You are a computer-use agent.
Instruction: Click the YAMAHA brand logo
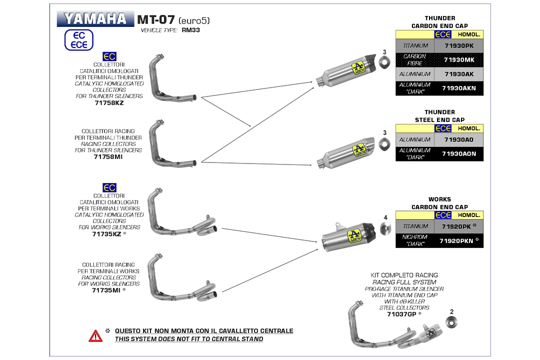pyautogui.click(x=95, y=19)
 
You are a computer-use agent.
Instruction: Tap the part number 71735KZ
pyautogui.click(x=105, y=233)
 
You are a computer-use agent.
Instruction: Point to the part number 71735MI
pyautogui.click(x=105, y=290)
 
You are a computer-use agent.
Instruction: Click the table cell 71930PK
pyautogui.click(x=458, y=45)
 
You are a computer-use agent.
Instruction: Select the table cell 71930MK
pyautogui.click(x=458, y=60)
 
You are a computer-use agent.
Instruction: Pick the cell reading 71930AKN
pyautogui.click(x=458, y=88)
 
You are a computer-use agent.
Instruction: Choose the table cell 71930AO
pyautogui.click(x=458, y=139)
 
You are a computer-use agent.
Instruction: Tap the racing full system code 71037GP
pyautogui.click(x=401, y=314)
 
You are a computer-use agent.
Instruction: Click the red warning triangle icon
pyautogui.click(x=95, y=335)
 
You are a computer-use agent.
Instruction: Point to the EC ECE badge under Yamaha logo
pyautogui.click(x=79, y=40)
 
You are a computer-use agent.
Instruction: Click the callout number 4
pyautogui.click(x=385, y=217)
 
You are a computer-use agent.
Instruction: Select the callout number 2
pyautogui.click(x=452, y=311)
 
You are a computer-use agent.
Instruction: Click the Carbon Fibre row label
pyautogui.click(x=414, y=60)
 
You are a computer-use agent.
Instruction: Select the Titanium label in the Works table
pyautogui.click(x=415, y=226)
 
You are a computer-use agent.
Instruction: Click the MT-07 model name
pyautogui.click(x=155, y=19)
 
